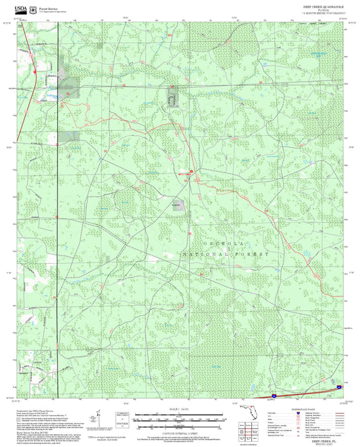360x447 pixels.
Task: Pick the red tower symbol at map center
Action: [x=191, y=172]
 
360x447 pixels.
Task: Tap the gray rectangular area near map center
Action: [x=177, y=205]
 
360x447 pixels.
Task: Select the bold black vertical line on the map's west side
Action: [x=58, y=203]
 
